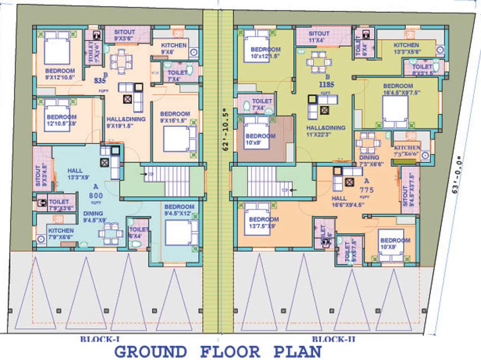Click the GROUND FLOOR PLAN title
point(218,351)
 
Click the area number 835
point(100,80)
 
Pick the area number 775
point(368,191)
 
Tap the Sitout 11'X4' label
point(319,37)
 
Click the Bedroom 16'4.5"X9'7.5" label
point(398,89)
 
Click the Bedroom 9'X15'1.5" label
point(175,117)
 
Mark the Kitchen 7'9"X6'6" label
point(61,233)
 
